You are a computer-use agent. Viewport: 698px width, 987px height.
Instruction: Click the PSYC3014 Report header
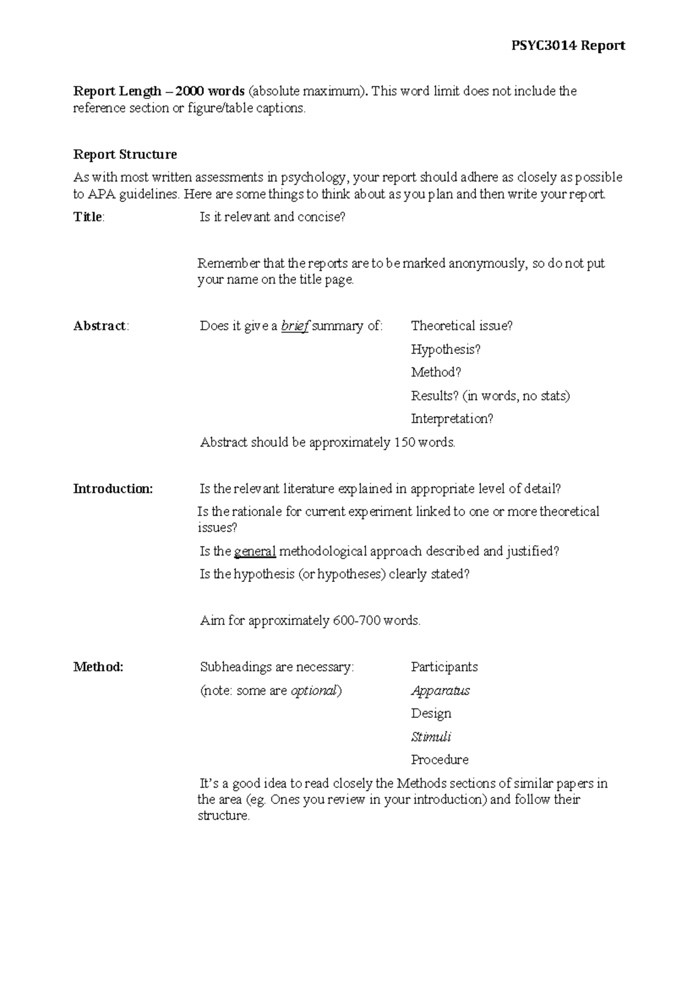(568, 46)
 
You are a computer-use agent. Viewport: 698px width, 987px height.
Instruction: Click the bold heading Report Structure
(124, 155)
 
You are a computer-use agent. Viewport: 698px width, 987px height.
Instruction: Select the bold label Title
(88, 217)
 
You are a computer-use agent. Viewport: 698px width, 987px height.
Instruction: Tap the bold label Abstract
(100, 326)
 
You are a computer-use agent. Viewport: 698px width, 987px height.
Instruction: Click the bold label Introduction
(113, 489)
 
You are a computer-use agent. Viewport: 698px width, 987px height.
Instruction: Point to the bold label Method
(98, 667)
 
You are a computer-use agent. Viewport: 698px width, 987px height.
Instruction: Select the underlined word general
(255, 551)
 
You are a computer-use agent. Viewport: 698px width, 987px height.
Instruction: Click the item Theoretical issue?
(462, 326)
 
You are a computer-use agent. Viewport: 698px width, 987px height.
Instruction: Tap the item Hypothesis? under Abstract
(446, 349)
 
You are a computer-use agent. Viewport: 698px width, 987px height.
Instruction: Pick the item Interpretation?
(452, 419)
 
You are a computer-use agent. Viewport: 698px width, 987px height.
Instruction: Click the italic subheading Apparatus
(440, 691)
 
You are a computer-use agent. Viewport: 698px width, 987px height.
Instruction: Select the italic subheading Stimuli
(431, 737)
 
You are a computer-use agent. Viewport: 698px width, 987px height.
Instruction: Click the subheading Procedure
(439, 760)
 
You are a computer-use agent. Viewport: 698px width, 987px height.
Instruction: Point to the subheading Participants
(444, 667)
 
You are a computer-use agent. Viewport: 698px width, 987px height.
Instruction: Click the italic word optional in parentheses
(314, 691)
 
